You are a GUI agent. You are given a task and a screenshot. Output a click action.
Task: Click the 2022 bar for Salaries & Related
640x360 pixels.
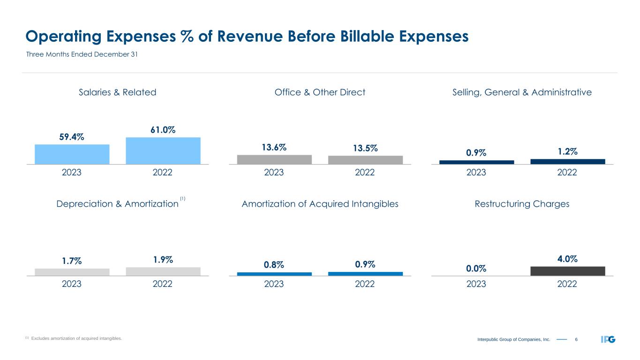(x=163, y=151)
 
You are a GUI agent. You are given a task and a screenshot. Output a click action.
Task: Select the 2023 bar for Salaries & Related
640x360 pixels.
(x=72, y=154)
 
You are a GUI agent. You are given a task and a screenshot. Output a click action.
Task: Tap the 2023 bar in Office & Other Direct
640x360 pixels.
(x=274, y=159)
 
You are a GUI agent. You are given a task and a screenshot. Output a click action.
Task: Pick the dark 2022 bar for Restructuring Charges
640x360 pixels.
(x=567, y=271)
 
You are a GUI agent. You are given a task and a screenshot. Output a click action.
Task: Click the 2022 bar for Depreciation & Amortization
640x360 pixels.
(x=163, y=271)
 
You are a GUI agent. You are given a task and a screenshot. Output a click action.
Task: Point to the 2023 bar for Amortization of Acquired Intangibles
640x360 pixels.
(x=274, y=274)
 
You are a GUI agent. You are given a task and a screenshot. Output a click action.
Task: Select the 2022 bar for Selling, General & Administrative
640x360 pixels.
(x=567, y=161)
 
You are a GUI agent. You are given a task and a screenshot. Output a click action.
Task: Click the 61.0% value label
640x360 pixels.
(x=163, y=129)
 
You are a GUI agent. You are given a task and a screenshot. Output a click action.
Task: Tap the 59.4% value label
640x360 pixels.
(x=72, y=137)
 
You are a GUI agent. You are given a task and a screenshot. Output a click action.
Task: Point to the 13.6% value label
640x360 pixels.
(x=274, y=147)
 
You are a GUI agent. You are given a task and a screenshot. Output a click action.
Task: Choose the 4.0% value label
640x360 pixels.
(x=567, y=259)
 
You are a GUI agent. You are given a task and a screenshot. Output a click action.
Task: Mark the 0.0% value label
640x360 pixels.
(x=476, y=268)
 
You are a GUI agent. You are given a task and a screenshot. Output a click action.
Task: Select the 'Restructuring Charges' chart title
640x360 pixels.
(x=522, y=204)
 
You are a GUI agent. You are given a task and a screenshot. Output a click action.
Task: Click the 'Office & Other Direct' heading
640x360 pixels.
(x=320, y=92)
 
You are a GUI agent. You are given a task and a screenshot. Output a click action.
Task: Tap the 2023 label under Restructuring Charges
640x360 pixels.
(x=476, y=284)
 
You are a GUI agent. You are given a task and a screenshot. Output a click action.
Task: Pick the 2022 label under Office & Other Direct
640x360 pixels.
(x=365, y=172)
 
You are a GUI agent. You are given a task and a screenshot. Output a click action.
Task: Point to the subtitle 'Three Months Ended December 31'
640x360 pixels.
(x=81, y=55)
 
